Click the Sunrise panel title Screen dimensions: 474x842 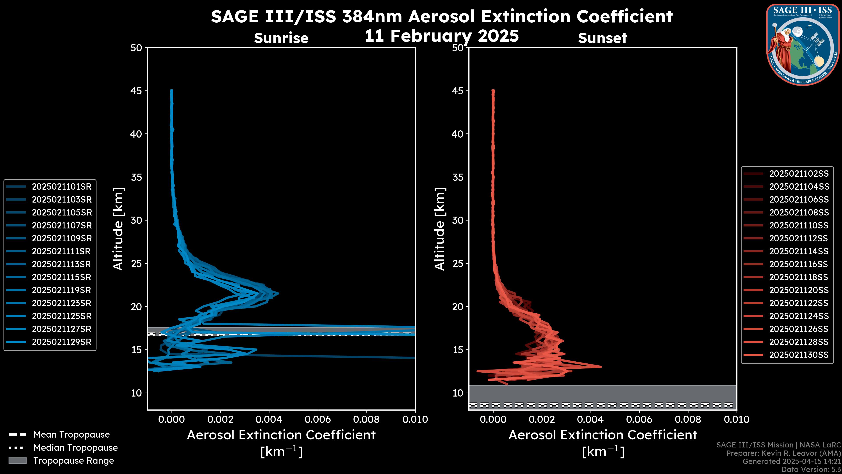[281, 38]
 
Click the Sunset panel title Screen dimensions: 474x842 [602, 38]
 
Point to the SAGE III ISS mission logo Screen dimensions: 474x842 [803, 45]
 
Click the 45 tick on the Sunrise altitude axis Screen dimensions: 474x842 [136, 91]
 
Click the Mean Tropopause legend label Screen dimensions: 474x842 [71, 435]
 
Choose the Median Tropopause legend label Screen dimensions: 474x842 [75, 448]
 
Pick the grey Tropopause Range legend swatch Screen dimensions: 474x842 [17, 461]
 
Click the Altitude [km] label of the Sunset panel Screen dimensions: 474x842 [440, 229]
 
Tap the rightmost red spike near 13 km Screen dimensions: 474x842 [601, 367]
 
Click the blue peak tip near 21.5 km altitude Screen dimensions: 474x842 [278, 293]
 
